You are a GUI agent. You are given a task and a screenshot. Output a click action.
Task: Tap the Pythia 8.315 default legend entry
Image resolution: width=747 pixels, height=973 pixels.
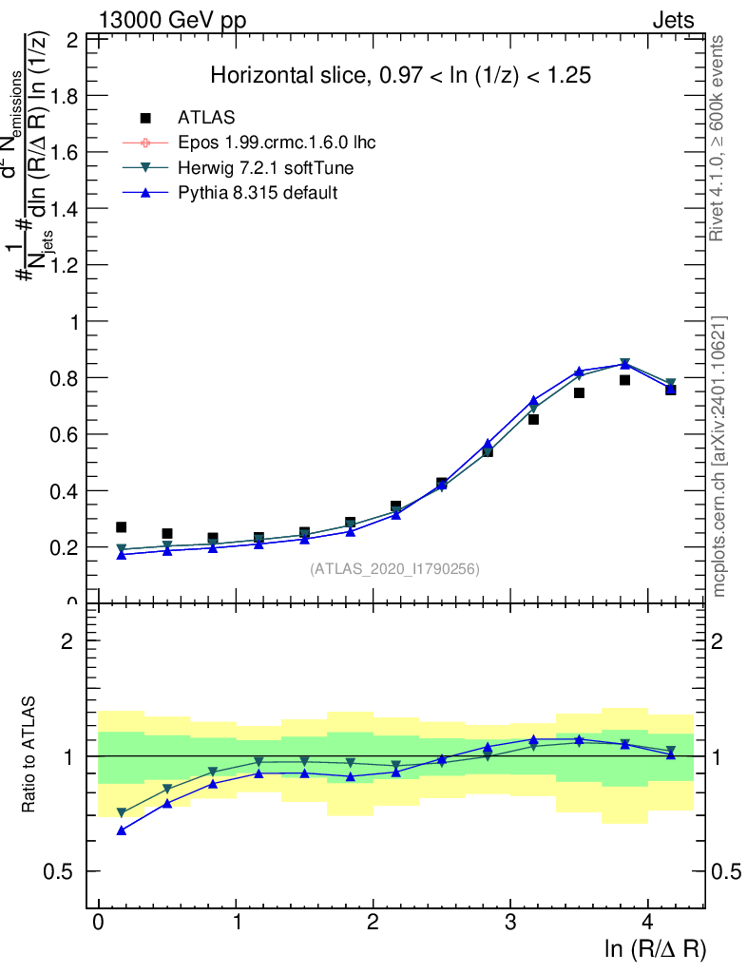coord(258,193)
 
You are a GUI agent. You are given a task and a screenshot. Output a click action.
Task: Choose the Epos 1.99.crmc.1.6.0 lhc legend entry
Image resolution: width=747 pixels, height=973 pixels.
coord(277,143)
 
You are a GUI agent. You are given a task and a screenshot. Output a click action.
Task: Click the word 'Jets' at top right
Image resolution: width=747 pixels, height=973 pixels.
coord(672,21)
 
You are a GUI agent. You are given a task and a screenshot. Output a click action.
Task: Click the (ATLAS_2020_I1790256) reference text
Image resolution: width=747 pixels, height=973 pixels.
coord(394,569)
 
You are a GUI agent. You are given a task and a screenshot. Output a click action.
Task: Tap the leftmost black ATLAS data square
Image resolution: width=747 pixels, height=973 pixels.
coord(121,527)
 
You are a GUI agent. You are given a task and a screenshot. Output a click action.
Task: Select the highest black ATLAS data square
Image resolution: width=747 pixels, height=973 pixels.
coord(624,380)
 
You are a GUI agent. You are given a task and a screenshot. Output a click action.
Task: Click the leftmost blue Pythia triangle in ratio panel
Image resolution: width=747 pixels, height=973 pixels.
coord(121,830)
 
